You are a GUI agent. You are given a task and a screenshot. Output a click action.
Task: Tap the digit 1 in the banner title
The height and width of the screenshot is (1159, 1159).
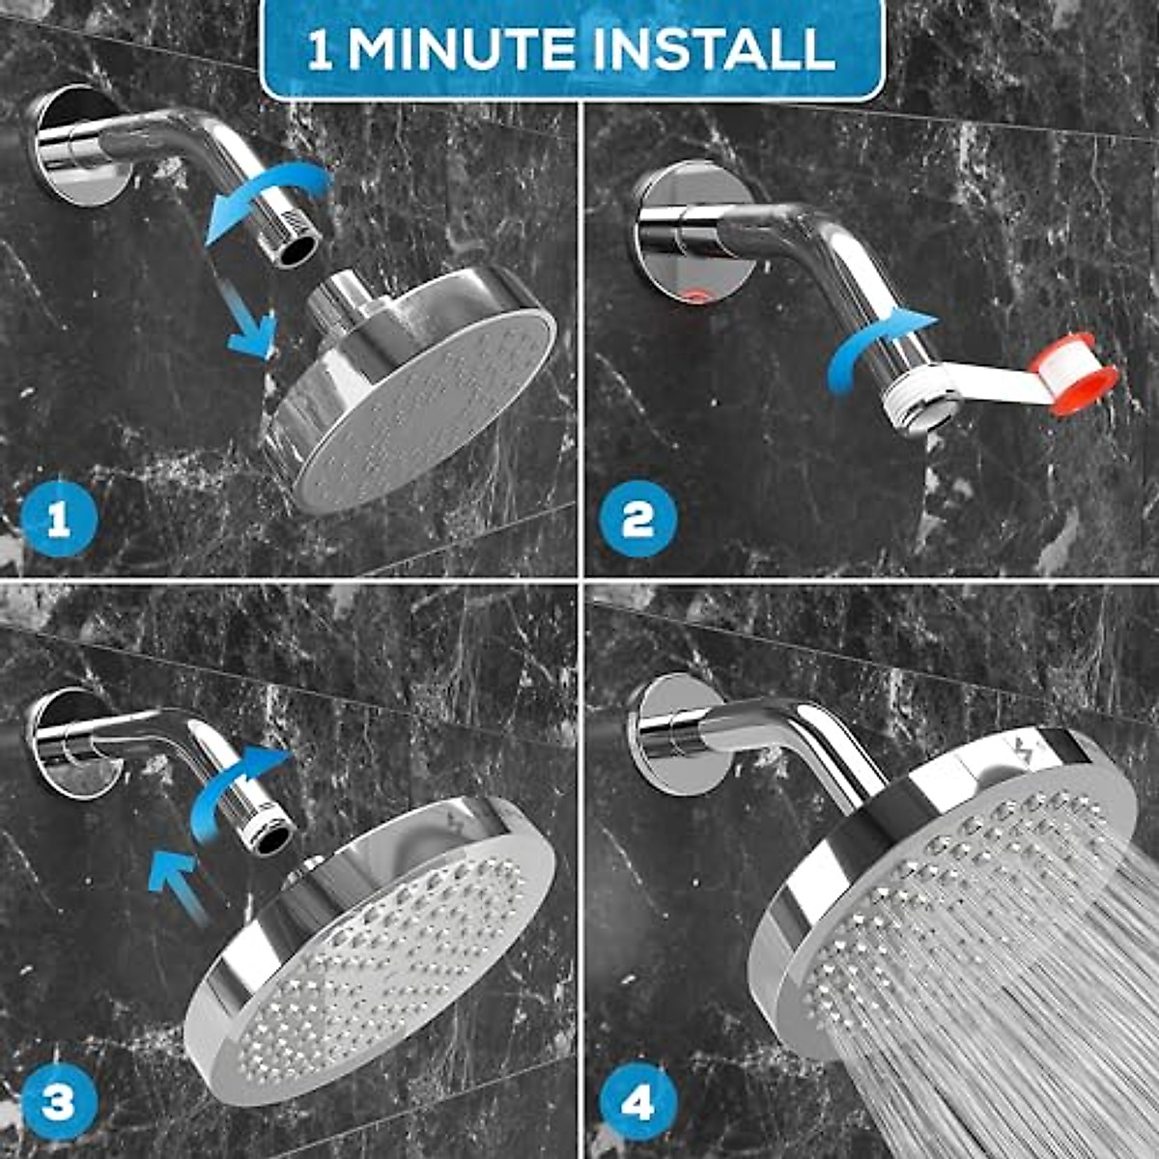click(x=320, y=50)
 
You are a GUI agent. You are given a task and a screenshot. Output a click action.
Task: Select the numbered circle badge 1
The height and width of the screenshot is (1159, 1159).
click(x=59, y=523)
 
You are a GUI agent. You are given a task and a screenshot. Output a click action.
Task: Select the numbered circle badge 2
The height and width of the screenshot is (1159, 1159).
click(x=637, y=523)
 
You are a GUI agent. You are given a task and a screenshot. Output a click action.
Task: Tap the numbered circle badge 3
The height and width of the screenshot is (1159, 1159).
click(x=59, y=1102)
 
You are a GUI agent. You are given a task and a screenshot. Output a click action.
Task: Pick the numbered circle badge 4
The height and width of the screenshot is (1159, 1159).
click(x=637, y=1102)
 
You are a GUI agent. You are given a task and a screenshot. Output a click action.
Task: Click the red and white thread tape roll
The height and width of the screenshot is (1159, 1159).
click(x=1072, y=378)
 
